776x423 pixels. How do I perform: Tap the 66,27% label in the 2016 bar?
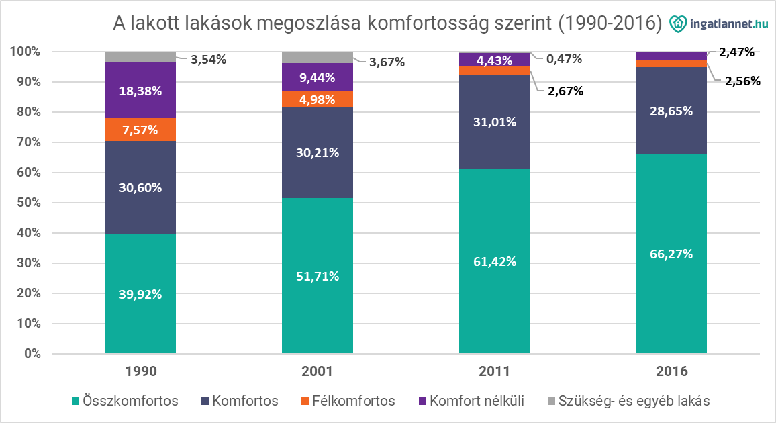pos(671,254)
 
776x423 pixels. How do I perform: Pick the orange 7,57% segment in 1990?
pos(140,130)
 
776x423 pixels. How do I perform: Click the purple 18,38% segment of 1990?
pos(140,91)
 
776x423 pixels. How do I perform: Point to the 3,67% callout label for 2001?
pos(387,62)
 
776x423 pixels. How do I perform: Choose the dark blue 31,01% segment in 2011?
pos(494,122)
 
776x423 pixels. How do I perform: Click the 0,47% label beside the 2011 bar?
pos(564,59)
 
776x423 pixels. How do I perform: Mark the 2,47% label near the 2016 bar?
pos(736,52)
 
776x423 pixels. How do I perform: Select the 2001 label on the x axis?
pos(317,371)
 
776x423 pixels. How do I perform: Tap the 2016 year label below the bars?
pos(671,371)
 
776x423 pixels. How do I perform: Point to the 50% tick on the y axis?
pos(26,203)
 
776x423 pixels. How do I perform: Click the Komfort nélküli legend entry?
pos(469,402)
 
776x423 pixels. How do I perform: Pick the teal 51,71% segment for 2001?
pos(317,275)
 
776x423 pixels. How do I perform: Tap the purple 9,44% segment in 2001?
pos(317,77)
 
